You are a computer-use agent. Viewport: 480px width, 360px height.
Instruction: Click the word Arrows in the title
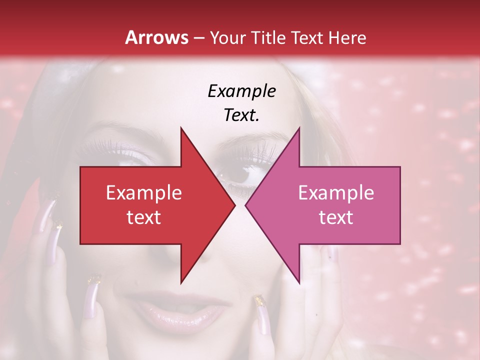pyautogui.click(x=157, y=37)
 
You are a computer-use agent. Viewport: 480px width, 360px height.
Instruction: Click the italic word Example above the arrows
pyautogui.click(x=241, y=91)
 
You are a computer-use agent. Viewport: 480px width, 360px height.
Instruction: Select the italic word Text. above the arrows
pyautogui.click(x=241, y=115)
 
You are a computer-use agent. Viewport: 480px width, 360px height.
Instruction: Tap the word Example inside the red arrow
pyautogui.click(x=144, y=193)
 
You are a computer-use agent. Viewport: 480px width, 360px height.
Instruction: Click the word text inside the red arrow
pyautogui.click(x=144, y=217)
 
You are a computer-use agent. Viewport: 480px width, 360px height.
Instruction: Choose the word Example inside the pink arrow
pyautogui.click(x=336, y=193)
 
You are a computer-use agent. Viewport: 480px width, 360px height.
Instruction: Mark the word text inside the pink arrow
pyautogui.click(x=336, y=217)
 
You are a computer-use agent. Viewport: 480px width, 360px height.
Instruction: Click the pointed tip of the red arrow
pyautogui.click(x=234, y=205)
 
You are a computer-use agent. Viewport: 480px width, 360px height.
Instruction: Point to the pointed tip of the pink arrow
pyautogui.click(x=246, y=205)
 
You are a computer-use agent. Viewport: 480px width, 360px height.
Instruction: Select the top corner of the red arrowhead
pyautogui.click(x=181, y=128)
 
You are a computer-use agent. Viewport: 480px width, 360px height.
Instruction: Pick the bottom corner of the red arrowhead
pyautogui.click(x=181, y=282)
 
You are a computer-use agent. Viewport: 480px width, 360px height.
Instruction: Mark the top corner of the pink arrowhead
pyautogui.click(x=299, y=128)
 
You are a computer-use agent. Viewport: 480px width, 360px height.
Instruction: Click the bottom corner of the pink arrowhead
pyautogui.click(x=299, y=282)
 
